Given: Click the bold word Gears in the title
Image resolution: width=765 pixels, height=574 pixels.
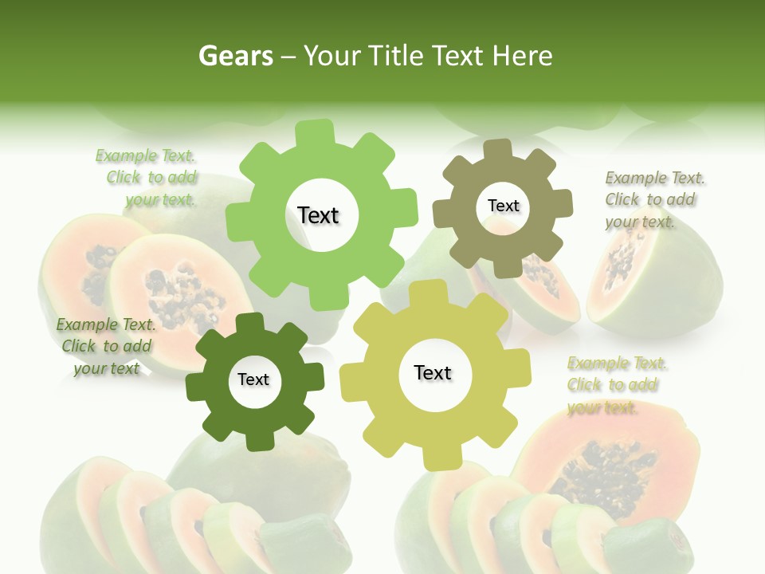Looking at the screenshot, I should [x=235, y=56].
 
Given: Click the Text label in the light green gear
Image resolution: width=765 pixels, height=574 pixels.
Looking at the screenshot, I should [x=318, y=215].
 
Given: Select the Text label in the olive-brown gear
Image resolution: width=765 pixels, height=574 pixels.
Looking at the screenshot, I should [x=503, y=206].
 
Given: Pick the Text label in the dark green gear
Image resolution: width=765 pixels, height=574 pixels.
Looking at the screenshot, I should [x=253, y=380].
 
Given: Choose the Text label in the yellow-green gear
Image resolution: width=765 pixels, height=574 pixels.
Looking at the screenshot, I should [x=433, y=373].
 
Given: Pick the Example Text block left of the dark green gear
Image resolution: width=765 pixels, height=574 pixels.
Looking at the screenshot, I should [x=106, y=347].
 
